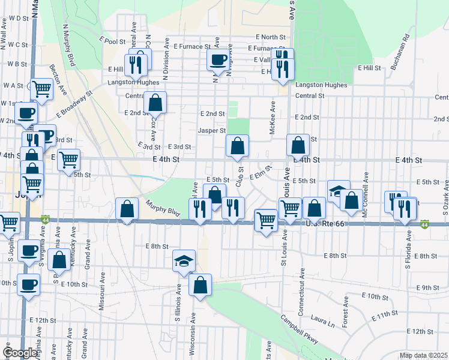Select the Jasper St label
click(211, 130)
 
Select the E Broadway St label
click(74, 103)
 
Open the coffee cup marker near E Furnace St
click(217, 59)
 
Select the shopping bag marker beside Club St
click(238, 146)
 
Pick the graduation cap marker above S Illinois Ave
click(184, 260)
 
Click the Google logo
click(20, 353)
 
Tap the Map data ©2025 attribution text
click(423, 355)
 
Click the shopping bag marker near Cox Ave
click(155, 103)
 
